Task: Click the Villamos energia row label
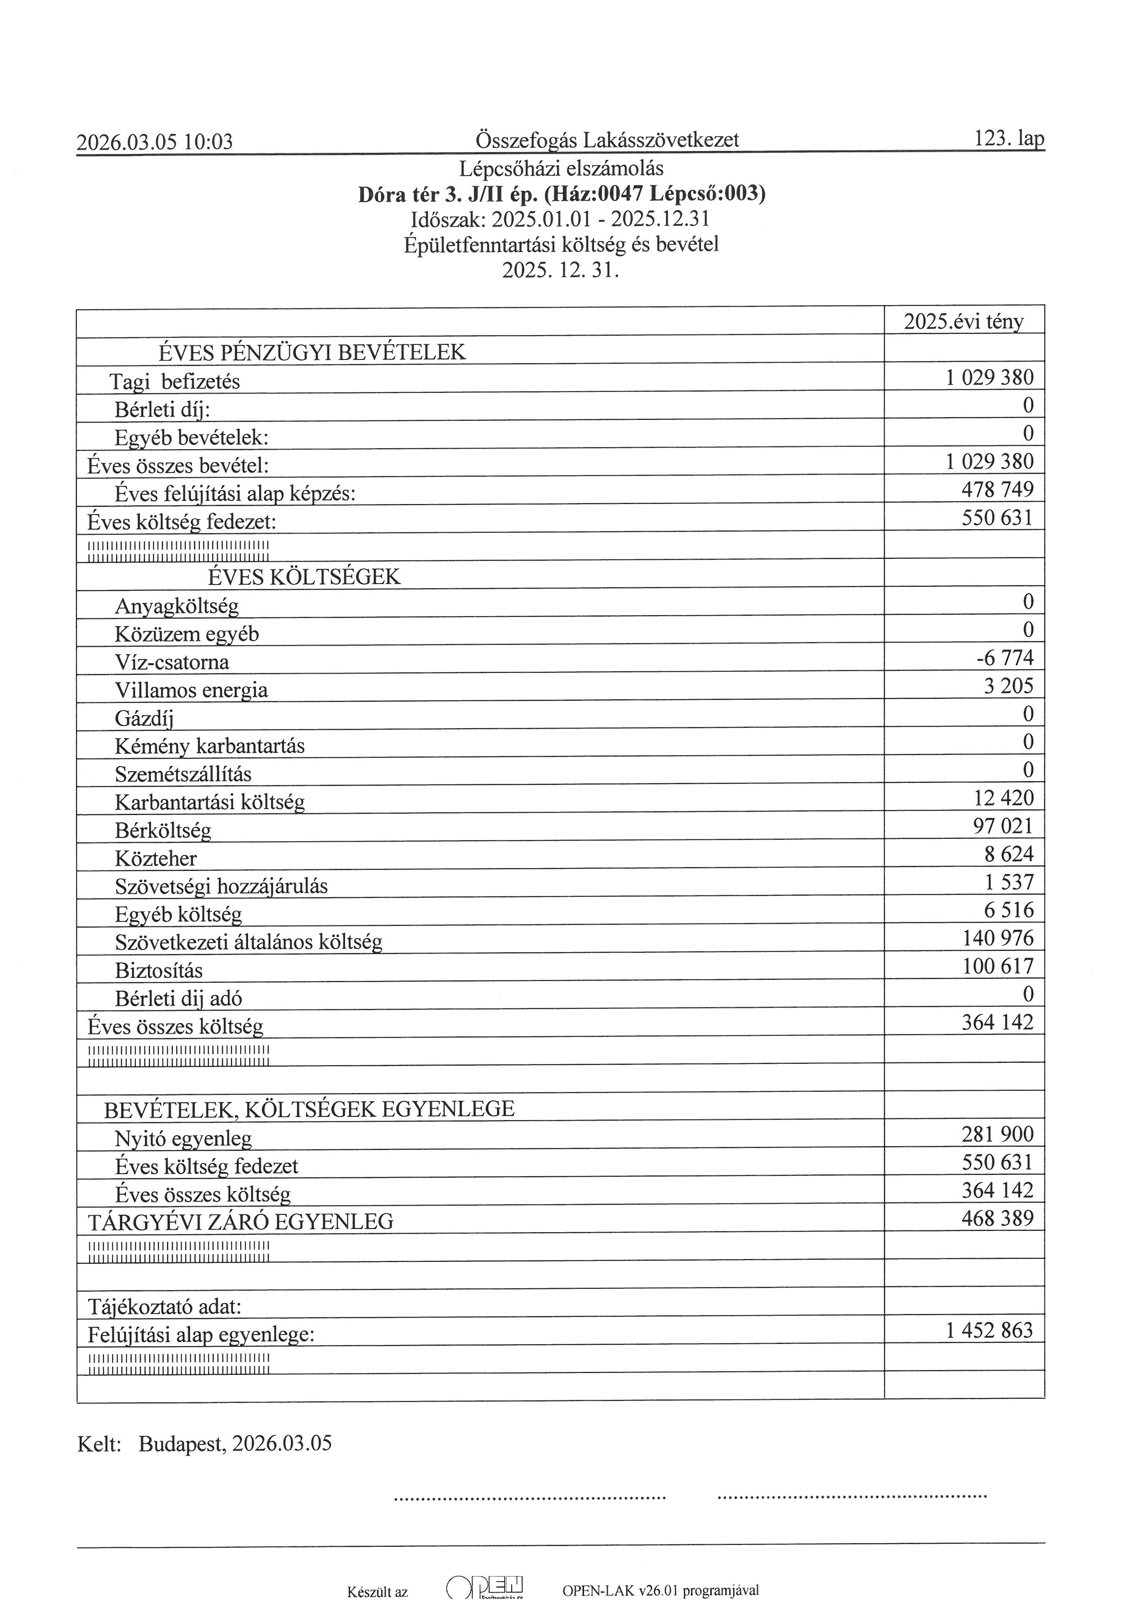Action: click(x=191, y=690)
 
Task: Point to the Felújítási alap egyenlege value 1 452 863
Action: click(x=989, y=1330)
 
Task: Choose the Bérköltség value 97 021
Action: click(x=1003, y=826)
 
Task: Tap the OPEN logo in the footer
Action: click(x=485, y=1586)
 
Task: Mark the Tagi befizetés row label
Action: click(x=175, y=381)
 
